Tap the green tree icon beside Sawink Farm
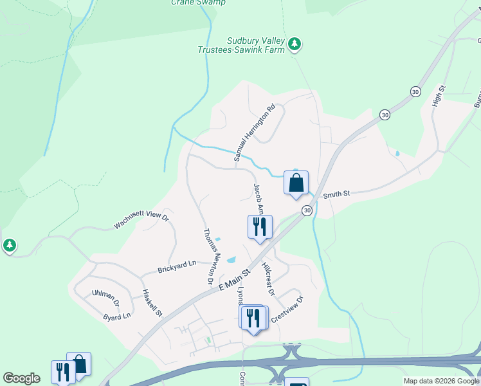pos(295,44)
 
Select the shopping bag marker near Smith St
pos(296,184)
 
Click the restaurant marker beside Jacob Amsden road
pos(260,228)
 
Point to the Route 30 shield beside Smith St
pos(307,210)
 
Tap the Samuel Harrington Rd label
pos(254,132)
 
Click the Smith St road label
pos(336,194)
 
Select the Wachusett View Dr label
pos(141,221)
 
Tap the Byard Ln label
pos(117,316)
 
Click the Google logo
pos(21,378)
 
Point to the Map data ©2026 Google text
pos(441,381)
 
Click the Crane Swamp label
pos(198,3)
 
